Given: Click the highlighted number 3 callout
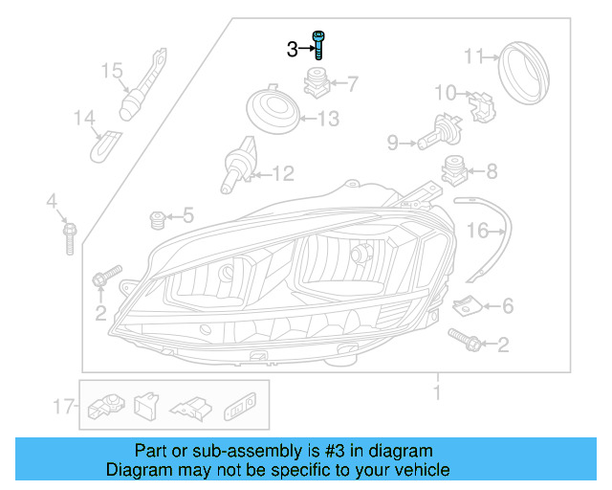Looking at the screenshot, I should [x=293, y=49].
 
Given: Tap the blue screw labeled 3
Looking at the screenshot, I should [x=317, y=45].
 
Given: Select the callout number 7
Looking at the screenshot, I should [x=352, y=84].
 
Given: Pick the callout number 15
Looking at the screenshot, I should [x=112, y=70].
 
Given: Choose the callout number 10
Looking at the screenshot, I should [x=446, y=93].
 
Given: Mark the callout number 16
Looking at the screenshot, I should [x=477, y=231].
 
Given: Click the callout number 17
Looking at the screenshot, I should [x=64, y=407].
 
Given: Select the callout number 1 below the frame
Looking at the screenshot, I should [x=437, y=393].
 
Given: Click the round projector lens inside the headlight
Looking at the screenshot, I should [x=361, y=255].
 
